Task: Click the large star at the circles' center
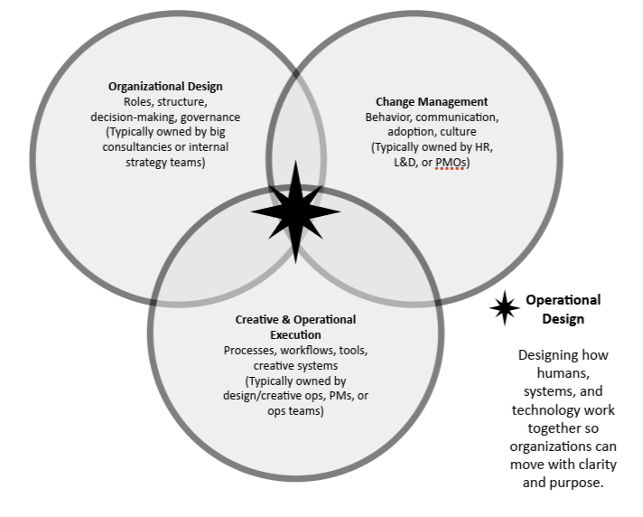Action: [x=295, y=212]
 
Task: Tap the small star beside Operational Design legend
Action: [x=504, y=309]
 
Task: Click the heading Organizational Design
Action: [x=165, y=87]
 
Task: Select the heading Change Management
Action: [x=432, y=102]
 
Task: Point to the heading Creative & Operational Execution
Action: [x=295, y=326]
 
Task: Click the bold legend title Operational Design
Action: [x=563, y=309]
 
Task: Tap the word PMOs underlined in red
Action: [x=452, y=163]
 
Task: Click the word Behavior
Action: [x=389, y=117]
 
